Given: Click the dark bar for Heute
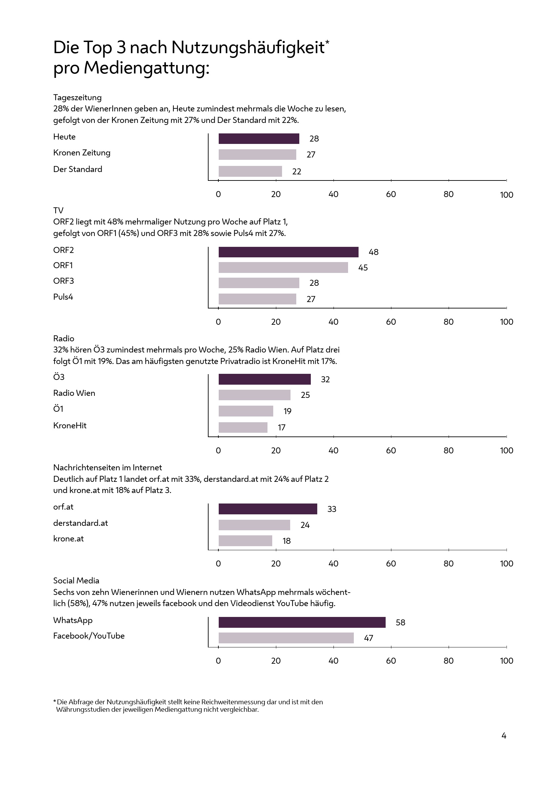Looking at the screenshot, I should [x=259, y=139].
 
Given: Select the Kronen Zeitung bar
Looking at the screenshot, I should [x=257, y=154].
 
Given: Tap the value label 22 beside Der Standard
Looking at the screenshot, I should [x=297, y=171].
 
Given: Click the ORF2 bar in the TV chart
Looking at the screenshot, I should [x=288, y=252].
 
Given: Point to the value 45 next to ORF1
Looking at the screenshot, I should [x=363, y=268].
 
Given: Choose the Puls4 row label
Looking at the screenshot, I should [x=63, y=297].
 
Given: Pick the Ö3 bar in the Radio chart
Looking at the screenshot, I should [x=264, y=380].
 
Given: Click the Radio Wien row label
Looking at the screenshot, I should [x=74, y=393].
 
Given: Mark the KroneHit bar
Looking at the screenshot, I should [x=243, y=427].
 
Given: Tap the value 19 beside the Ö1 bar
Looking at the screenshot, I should [x=287, y=411].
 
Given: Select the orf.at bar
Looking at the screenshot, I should [x=267, y=509].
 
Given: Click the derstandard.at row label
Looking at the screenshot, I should [x=80, y=523].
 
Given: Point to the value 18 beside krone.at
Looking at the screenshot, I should [x=286, y=541].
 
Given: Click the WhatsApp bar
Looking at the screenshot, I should [x=302, y=622].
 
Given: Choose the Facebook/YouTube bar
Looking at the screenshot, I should [x=286, y=638].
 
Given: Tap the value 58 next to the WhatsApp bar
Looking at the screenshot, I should [x=400, y=623].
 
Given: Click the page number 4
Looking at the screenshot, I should [x=504, y=736].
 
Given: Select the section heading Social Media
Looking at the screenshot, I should [x=76, y=581].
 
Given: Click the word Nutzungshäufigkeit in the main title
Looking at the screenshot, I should [x=248, y=47].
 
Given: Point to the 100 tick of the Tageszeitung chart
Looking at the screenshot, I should [x=507, y=195].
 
